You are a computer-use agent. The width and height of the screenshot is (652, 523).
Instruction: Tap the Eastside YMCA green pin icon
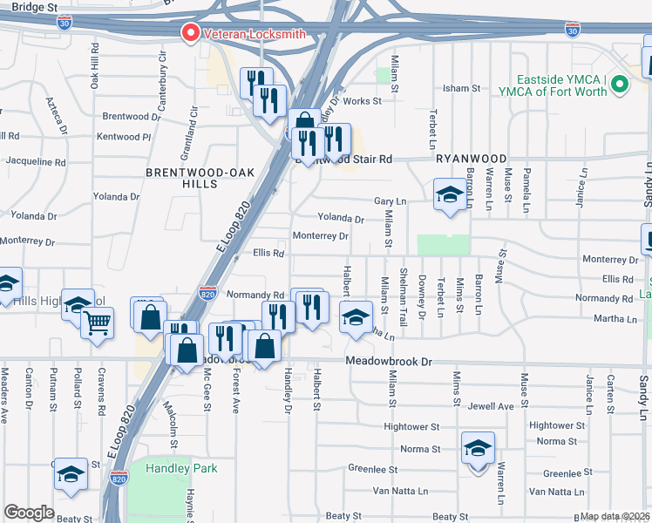(x=620, y=85)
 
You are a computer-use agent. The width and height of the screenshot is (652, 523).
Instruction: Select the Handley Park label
(x=182, y=468)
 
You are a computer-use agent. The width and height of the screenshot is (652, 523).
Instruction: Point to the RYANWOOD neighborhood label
(x=472, y=159)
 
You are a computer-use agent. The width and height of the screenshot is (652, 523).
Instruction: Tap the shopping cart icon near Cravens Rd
(x=97, y=323)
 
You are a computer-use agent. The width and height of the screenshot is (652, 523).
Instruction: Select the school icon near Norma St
(x=478, y=448)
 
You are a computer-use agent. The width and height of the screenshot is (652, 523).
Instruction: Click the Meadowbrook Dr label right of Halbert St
(x=389, y=361)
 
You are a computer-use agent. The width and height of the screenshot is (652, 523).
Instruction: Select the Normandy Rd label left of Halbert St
(x=255, y=295)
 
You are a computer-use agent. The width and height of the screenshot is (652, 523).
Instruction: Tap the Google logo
(x=29, y=513)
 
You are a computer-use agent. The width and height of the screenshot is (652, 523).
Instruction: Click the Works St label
(x=363, y=101)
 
